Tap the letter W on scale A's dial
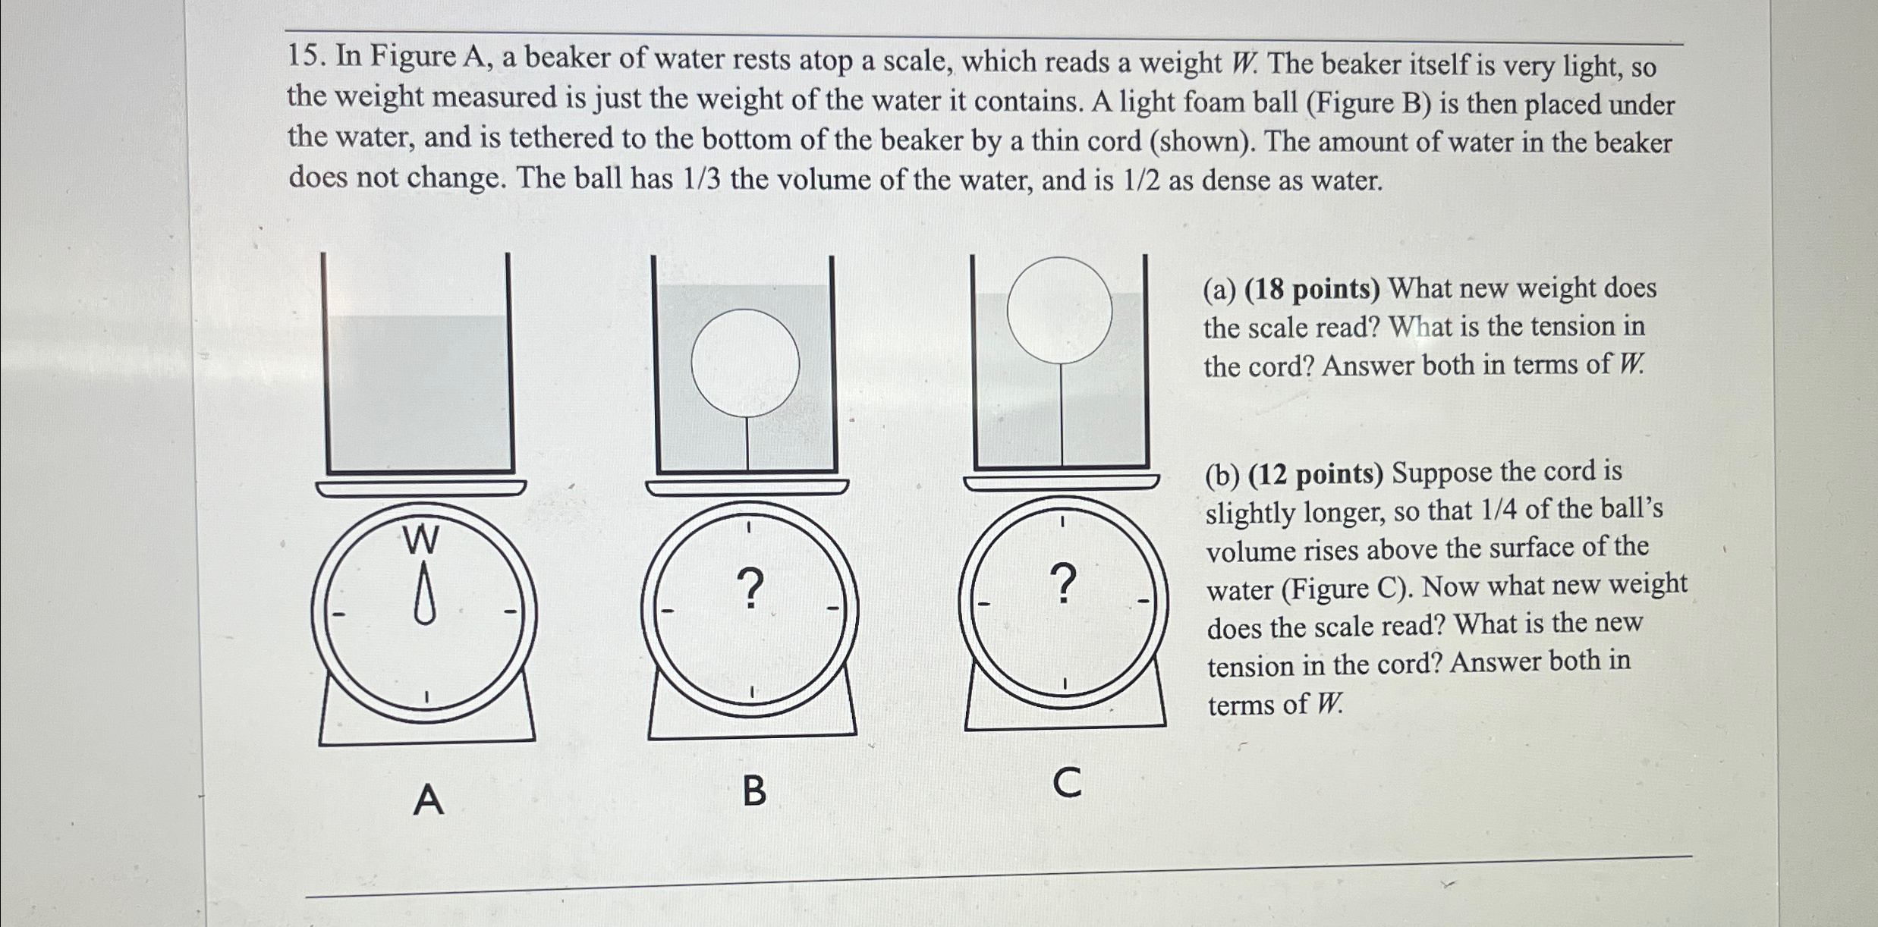pyautogui.click(x=421, y=540)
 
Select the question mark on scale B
pyautogui.click(x=750, y=589)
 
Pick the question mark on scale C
pyautogui.click(x=1065, y=583)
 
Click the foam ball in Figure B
pyautogui.click(x=745, y=363)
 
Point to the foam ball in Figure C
pyautogui.click(x=1059, y=310)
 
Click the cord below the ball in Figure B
pyautogui.click(x=747, y=443)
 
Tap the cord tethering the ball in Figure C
pyautogui.click(x=1061, y=413)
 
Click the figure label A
pyautogui.click(x=428, y=800)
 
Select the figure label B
pyautogui.click(x=753, y=791)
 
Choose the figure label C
pyautogui.click(x=1067, y=784)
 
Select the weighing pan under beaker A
pyautogui.click(x=421, y=487)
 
